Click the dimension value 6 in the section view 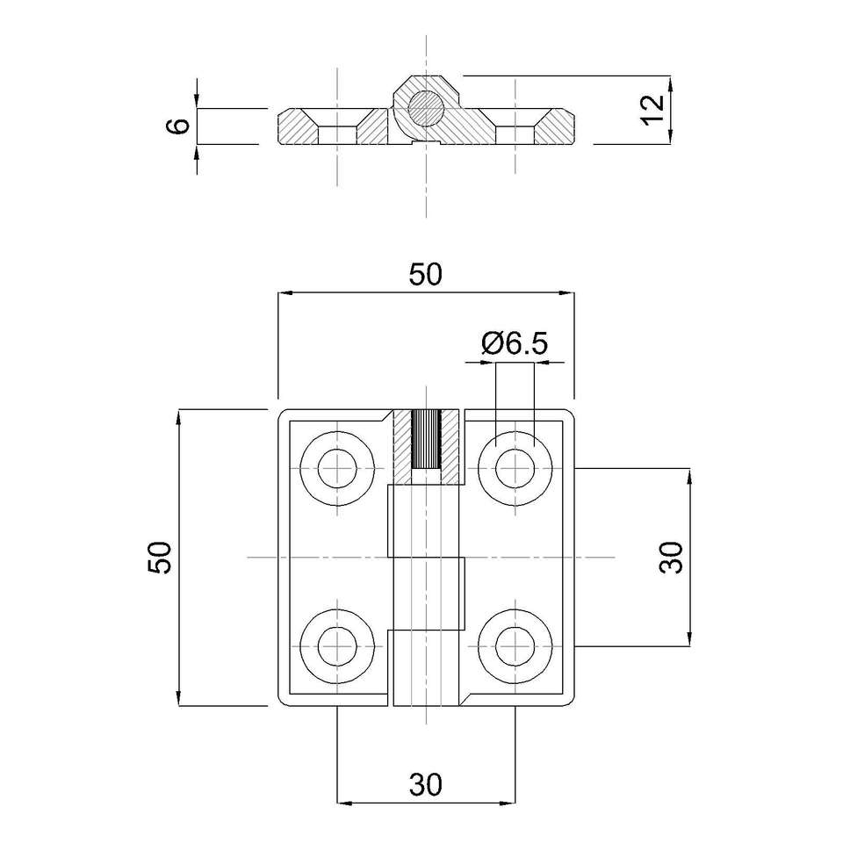(178, 126)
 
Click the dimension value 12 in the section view (651, 109)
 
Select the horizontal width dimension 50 (425, 275)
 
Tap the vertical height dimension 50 (160, 557)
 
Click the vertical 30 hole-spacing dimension (671, 557)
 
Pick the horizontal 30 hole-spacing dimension (425, 783)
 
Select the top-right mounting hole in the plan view (514, 468)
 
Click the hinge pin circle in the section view (426, 109)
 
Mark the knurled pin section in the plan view (426, 439)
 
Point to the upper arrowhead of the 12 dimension (671, 82)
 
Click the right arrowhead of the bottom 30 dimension (509, 803)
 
